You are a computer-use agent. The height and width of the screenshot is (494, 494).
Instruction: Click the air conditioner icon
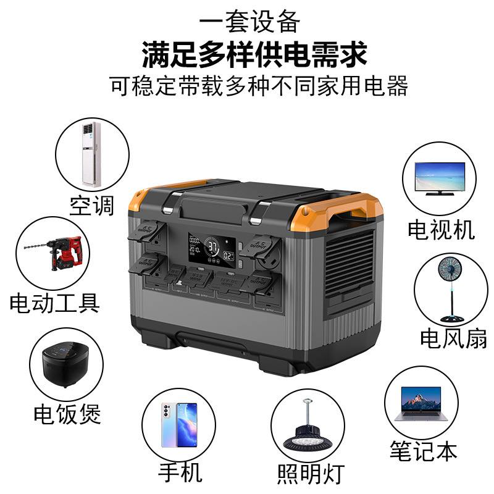point(91,154)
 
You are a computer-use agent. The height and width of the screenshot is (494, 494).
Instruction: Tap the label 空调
point(92,205)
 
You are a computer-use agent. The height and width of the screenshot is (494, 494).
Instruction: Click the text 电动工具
point(54,303)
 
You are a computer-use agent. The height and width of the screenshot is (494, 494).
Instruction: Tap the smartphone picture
point(178,425)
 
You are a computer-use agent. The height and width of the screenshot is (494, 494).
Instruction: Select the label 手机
point(180,473)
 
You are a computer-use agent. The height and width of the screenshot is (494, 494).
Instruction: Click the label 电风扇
point(453,338)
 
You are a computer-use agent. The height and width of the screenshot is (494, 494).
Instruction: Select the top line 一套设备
point(251,22)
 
